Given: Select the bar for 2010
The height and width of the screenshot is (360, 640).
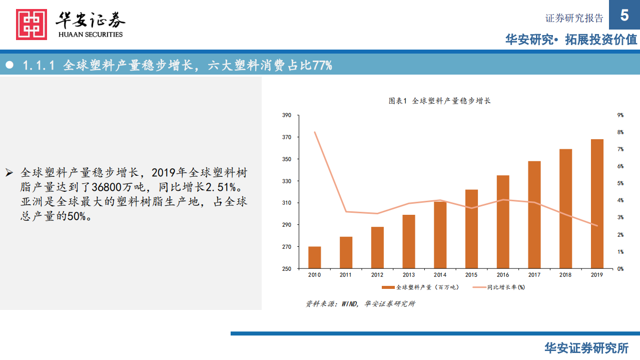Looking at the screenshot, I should [x=314, y=257].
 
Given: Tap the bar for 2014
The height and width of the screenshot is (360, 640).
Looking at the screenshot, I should [x=440, y=235].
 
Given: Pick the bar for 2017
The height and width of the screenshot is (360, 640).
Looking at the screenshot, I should [x=534, y=215].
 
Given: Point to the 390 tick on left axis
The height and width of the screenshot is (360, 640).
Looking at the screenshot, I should [x=286, y=115].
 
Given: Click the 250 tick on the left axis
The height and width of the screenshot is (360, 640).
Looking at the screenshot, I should [x=286, y=269].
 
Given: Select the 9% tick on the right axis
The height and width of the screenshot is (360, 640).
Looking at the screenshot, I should [x=620, y=115].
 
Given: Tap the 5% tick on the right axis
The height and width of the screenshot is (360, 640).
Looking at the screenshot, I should [x=620, y=183].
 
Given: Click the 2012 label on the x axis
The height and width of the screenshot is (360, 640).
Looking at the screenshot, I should [x=377, y=275].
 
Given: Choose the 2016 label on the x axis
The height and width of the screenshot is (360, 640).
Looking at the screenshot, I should [x=503, y=275].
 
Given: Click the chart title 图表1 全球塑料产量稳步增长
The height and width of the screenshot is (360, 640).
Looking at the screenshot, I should [x=439, y=101].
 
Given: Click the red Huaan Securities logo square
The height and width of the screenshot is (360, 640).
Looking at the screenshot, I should [x=32, y=24].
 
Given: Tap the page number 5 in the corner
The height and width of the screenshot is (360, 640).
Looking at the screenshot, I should [x=624, y=15].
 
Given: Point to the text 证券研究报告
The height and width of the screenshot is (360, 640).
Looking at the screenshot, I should [x=574, y=19].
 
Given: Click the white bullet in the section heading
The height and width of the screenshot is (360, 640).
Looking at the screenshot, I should [x=9, y=65].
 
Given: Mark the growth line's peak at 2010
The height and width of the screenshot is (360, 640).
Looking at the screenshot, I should [x=314, y=132].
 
